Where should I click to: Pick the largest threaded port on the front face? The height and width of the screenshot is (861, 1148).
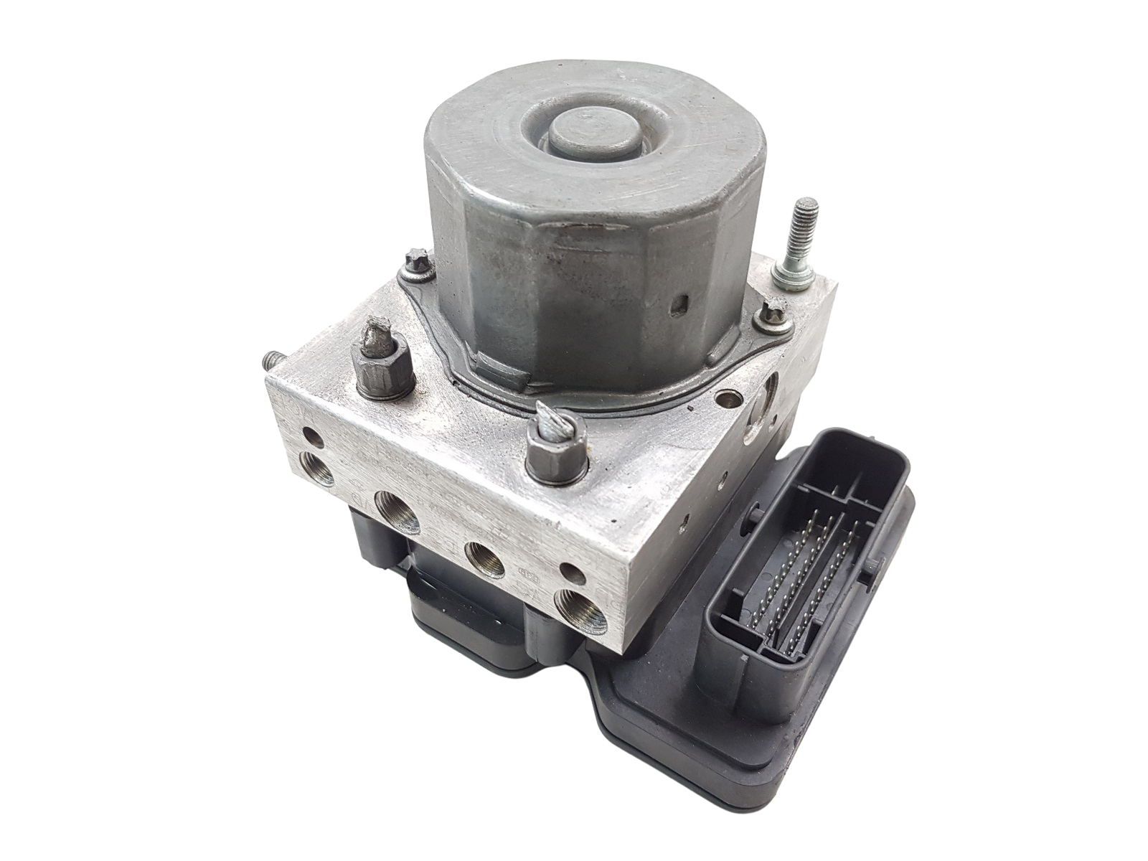point(397,514)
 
